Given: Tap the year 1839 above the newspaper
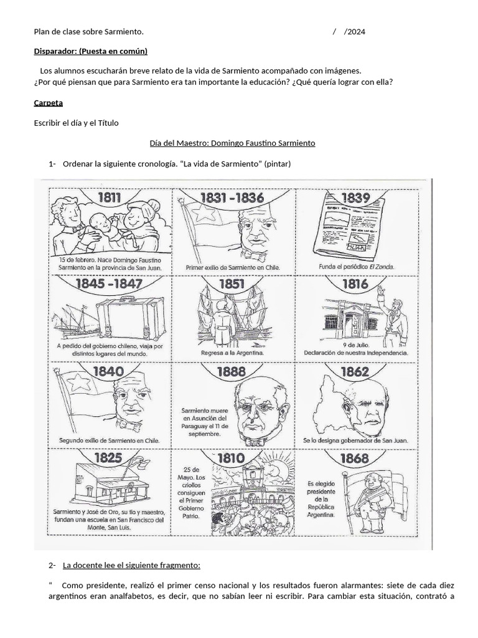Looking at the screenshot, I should [355, 198].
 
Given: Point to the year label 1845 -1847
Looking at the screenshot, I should [108, 284].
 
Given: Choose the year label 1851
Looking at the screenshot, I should [232, 284].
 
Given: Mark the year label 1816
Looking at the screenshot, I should [355, 284].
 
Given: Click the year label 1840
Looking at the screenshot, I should [108, 371].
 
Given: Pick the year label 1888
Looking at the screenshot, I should [232, 371].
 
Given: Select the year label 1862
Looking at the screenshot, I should [355, 371].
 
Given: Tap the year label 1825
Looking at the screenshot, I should [108, 458].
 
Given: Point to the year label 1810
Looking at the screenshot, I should [232, 458].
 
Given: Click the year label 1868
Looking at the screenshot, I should [355, 458].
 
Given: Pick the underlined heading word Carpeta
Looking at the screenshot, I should [49, 103].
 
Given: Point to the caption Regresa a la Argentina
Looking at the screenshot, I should [232, 353].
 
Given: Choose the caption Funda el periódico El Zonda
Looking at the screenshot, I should [357, 267].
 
